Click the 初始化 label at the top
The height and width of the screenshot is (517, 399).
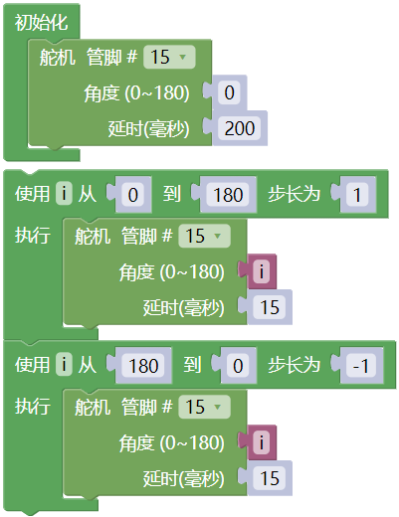coord(41,23)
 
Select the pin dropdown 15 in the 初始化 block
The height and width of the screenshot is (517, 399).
coord(169,57)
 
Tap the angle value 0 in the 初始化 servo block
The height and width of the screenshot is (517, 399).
coord(229,92)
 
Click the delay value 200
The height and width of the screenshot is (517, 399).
coord(240,128)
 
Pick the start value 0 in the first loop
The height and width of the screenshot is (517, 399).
coord(133,194)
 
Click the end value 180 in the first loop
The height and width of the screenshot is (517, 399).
coord(228,194)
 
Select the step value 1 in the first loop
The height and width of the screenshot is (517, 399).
coord(357,194)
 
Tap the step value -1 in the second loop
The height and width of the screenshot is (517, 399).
coord(361,366)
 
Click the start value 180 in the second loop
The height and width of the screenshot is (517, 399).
coord(143,366)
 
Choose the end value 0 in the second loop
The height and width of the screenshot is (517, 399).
coord(238,366)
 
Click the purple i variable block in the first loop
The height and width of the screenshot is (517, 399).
coord(262,271)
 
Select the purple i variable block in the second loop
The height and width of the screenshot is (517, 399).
coord(262,442)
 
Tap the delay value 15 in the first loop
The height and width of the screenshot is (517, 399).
coord(270,307)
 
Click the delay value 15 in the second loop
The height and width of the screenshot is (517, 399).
coord(270,478)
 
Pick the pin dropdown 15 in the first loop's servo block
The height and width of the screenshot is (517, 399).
coord(204,236)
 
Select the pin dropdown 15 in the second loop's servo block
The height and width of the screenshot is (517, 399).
coord(204,407)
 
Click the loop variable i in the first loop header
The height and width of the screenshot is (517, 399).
coord(64,193)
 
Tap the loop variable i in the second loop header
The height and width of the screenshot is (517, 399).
coord(64,365)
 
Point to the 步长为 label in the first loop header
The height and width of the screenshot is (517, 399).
coord(294,194)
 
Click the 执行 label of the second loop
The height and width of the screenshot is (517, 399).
coord(33,406)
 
